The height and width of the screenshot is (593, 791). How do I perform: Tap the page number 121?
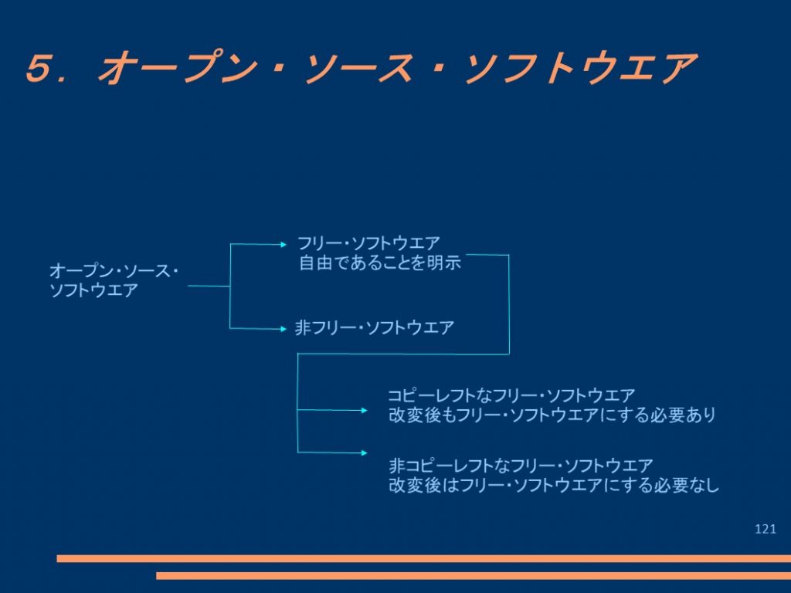click(766, 528)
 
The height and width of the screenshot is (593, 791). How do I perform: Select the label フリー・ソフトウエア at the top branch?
click(368, 243)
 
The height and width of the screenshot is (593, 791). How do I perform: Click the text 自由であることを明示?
click(380, 263)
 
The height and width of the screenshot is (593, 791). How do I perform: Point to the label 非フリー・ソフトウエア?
click(375, 328)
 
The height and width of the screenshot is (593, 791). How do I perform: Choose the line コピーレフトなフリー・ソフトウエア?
click(511, 395)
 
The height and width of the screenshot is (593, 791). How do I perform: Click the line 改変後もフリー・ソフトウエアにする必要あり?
click(552, 415)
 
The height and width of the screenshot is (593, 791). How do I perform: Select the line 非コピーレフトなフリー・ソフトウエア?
click(521, 465)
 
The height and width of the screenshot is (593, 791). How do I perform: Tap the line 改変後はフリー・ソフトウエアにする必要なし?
click(554, 485)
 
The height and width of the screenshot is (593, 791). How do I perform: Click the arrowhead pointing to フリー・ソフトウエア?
click(283, 245)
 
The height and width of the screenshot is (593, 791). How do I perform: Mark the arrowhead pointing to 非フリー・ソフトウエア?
click(283, 329)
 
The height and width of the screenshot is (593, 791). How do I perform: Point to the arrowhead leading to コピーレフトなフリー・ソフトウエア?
click(365, 411)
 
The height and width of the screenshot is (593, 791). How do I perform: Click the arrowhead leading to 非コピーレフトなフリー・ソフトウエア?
click(365, 452)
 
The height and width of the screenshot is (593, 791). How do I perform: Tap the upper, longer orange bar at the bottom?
click(424, 558)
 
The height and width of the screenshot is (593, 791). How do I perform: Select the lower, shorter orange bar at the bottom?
click(474, 575)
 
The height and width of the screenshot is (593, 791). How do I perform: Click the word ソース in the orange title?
click(358, 68)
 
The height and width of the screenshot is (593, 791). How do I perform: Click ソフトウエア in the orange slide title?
click(580, 68)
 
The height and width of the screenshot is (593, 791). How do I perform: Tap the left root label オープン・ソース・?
click(114, 271)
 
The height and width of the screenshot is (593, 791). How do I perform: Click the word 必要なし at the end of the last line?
click(687, 485)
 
